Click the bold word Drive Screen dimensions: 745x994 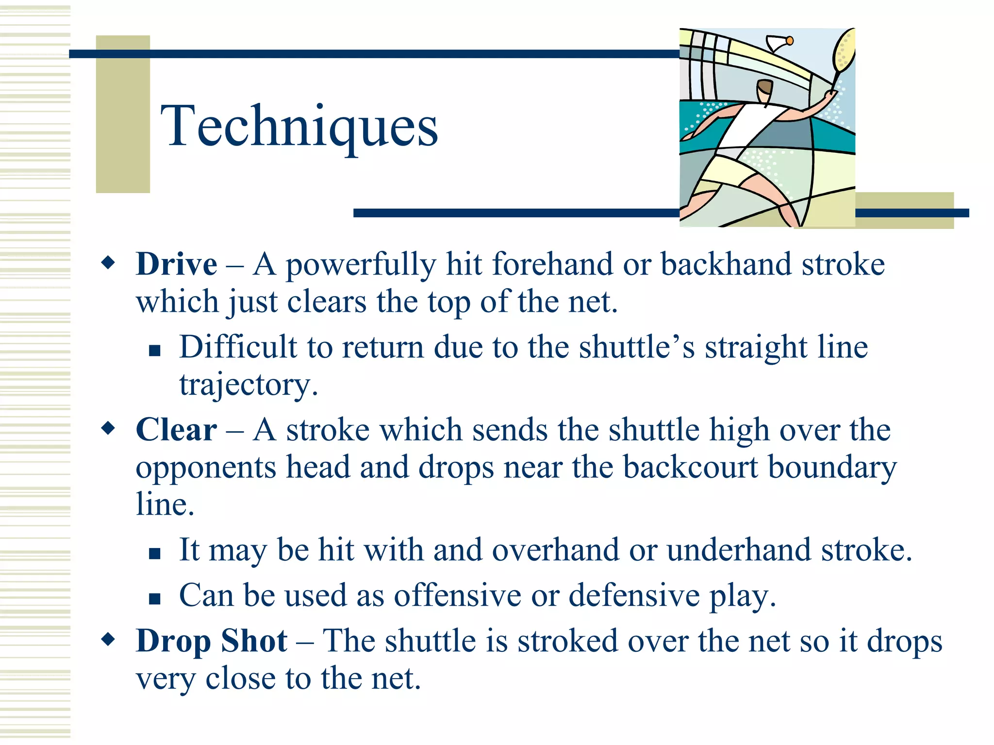[x=176, y=265]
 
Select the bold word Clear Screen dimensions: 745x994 [x=176, y=430]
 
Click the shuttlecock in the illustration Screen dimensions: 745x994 [x=779, y=43]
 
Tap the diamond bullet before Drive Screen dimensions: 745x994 [x=108, y=263]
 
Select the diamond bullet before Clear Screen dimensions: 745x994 [x=108, y=428]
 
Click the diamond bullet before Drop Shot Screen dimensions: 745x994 [x=108, y=639]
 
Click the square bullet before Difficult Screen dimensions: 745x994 [x=155, y=350]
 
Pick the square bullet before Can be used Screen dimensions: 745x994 [x=155, y=599]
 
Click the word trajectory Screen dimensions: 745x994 [x=248, y=386]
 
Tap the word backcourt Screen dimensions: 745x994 [x=690, y=468]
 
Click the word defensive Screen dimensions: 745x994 [x=634, y=596]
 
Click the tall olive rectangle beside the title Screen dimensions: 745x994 [x=123, y=114]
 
